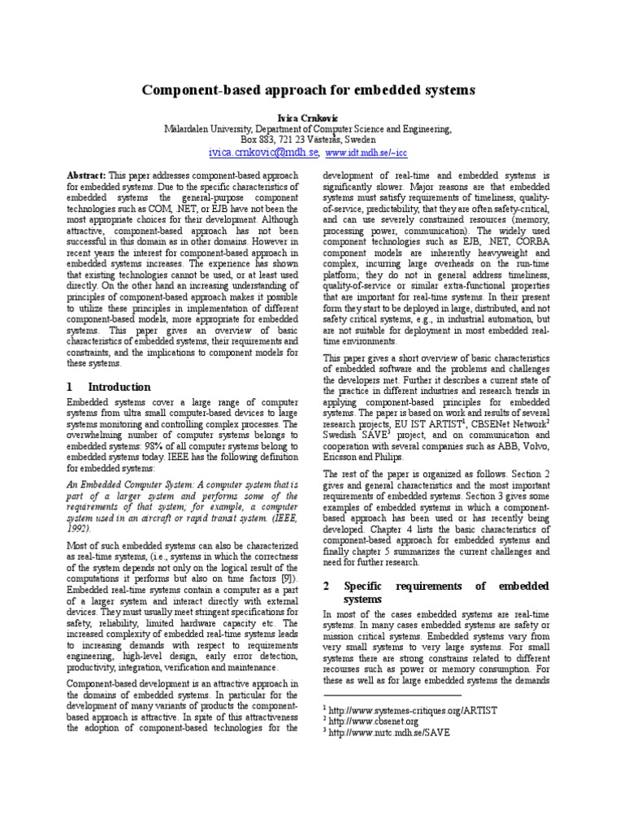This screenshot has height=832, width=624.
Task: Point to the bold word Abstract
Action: tap(85, 175)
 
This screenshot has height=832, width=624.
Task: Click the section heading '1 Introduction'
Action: tap(108, 387)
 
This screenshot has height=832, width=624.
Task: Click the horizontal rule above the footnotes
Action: tap(392, 696)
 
